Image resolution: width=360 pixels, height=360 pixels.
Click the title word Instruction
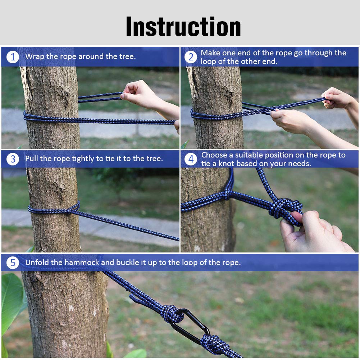point(183,27)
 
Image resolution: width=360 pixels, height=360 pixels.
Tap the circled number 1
point(13,57)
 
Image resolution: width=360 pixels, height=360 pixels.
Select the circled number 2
point(191,57)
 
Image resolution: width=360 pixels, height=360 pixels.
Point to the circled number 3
point(13,159)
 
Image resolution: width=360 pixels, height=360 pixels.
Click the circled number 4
point(191,159)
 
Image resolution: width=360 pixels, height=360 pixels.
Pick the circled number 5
point(13,263)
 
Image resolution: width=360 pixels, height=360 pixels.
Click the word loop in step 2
point(208,62)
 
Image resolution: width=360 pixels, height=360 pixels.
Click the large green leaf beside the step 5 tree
point(13,301)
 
